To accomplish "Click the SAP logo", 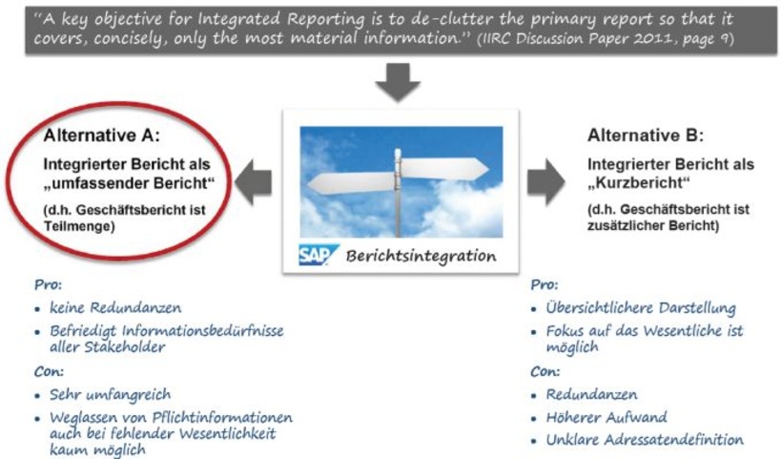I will [315, 256].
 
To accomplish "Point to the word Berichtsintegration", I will [421, 256].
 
